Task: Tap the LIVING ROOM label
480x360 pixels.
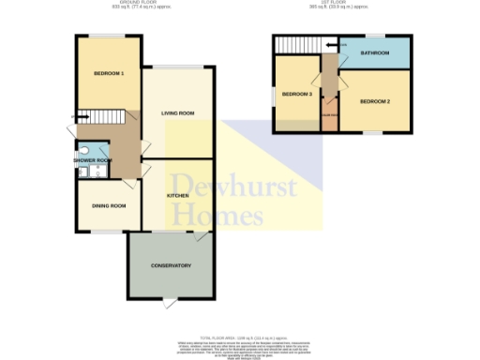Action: click(178, 113)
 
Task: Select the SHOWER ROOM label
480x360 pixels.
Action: click(92, 160)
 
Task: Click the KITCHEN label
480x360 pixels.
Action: click(178, 195)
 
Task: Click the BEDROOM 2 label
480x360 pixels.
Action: click(374, 100)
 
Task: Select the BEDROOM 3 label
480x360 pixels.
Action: click(297, 95)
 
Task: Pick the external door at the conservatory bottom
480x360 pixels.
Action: click(169, 301)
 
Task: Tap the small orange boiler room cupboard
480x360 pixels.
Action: click(329, 113)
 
